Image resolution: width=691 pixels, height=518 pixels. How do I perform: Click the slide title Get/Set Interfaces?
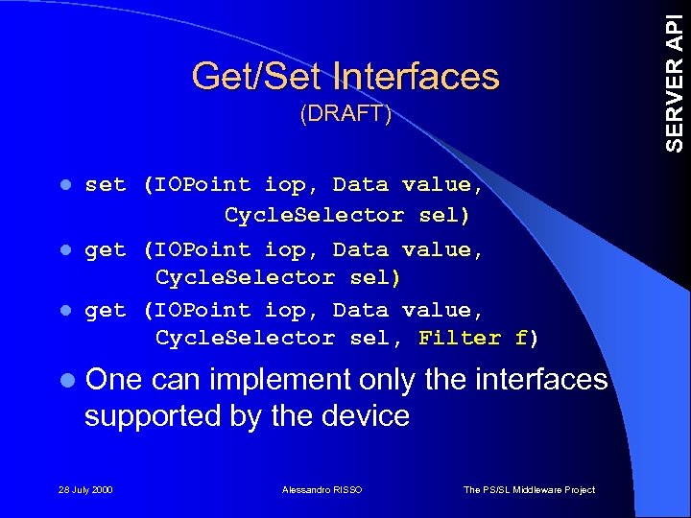point(345,77)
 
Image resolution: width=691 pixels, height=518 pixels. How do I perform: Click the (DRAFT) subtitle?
point(345,114)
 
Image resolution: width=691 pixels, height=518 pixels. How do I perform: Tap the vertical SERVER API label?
point(676,77)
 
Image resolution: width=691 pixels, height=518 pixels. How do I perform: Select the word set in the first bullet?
point(105,184)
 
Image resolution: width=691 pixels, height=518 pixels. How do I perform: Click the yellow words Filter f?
point(473,338)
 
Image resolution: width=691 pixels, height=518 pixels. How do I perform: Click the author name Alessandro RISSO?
point(322,490)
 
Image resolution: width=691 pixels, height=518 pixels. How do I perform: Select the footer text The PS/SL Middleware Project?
point(529,490)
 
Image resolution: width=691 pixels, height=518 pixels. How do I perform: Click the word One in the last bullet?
point(114,380)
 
